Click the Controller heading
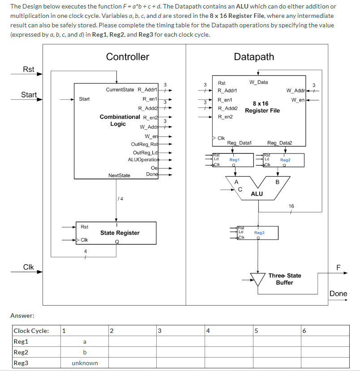click(128, 57)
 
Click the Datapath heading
click(254, 57)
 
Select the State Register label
click(120, 233)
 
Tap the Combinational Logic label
click(119, 120)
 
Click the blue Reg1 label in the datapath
click(235, 160)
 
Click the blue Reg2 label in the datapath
click(285, 160)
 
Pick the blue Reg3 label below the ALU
click(259, 233)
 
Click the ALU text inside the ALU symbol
click(257, 194)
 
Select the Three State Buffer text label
click(285, 279)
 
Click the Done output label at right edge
click(338, 294)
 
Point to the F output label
click(339, 268)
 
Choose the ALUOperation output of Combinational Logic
click(143, 159)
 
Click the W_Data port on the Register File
click(258, 82)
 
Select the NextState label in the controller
click(119, 175)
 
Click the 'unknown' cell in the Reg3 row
click(85, 363)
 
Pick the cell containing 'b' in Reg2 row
click(85, 352)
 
